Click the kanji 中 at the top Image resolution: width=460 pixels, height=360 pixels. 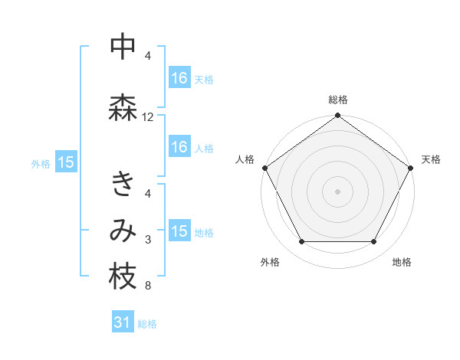click(x=122, y=47)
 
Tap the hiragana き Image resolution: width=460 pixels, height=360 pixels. click(x=123, y=185)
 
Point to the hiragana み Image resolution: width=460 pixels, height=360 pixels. click(x=123, y=231)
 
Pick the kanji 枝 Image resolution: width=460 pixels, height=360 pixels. click(x=123, y=277)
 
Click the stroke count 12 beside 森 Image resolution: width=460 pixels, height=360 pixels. click(x=148, y=117)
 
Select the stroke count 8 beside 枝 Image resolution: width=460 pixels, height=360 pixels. click(x=148, y=286)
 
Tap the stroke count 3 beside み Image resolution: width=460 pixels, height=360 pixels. click(x=148, y=241)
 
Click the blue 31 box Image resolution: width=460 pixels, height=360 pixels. click(x=123, y=322)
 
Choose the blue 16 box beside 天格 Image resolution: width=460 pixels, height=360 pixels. click(x=179, y=77)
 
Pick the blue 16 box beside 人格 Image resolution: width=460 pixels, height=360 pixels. click(x=179, y=147)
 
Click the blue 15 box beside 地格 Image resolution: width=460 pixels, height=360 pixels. click(x=179, y=231)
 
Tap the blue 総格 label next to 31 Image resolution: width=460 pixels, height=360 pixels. click(x=147, y=324)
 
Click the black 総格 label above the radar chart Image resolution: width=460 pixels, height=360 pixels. click(x=338, y=100)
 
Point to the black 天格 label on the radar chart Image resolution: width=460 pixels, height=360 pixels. click(x=431, y=159)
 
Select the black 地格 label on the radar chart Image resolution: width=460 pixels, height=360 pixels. click(x=402, y=262)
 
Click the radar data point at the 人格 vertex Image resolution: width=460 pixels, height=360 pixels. click(x=264, y=168)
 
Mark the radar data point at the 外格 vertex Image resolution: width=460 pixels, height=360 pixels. click(x=301, y=242)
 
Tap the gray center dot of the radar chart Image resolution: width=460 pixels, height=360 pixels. click(x=338, y=191)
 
